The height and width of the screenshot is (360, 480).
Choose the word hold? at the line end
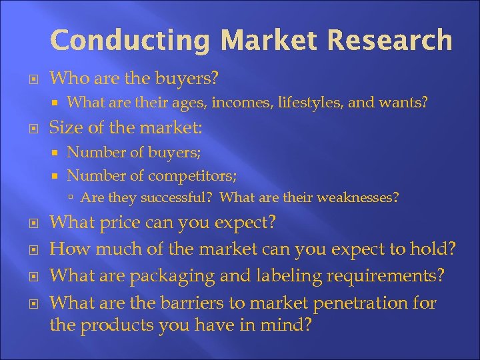coord(433,249)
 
